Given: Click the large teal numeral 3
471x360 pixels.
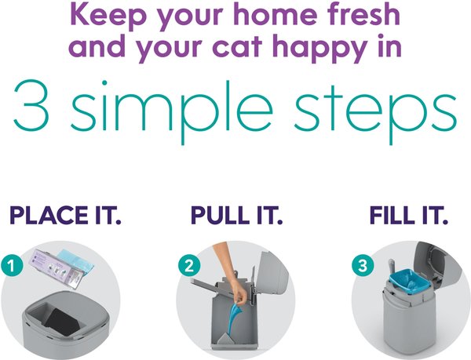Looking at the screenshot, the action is coord(31,106).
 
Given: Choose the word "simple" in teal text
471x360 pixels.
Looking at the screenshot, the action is coord(171,111).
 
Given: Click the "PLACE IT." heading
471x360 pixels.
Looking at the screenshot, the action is coord(65,215).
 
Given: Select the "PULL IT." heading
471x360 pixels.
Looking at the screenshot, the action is coord(237,215).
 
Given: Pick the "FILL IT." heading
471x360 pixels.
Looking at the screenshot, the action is coord(408,215).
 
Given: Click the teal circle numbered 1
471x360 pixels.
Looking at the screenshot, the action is coord(12,265).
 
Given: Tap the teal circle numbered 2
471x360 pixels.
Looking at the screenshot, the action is coord(189,265).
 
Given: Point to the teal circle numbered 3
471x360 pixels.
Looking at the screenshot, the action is coord(363,265).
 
